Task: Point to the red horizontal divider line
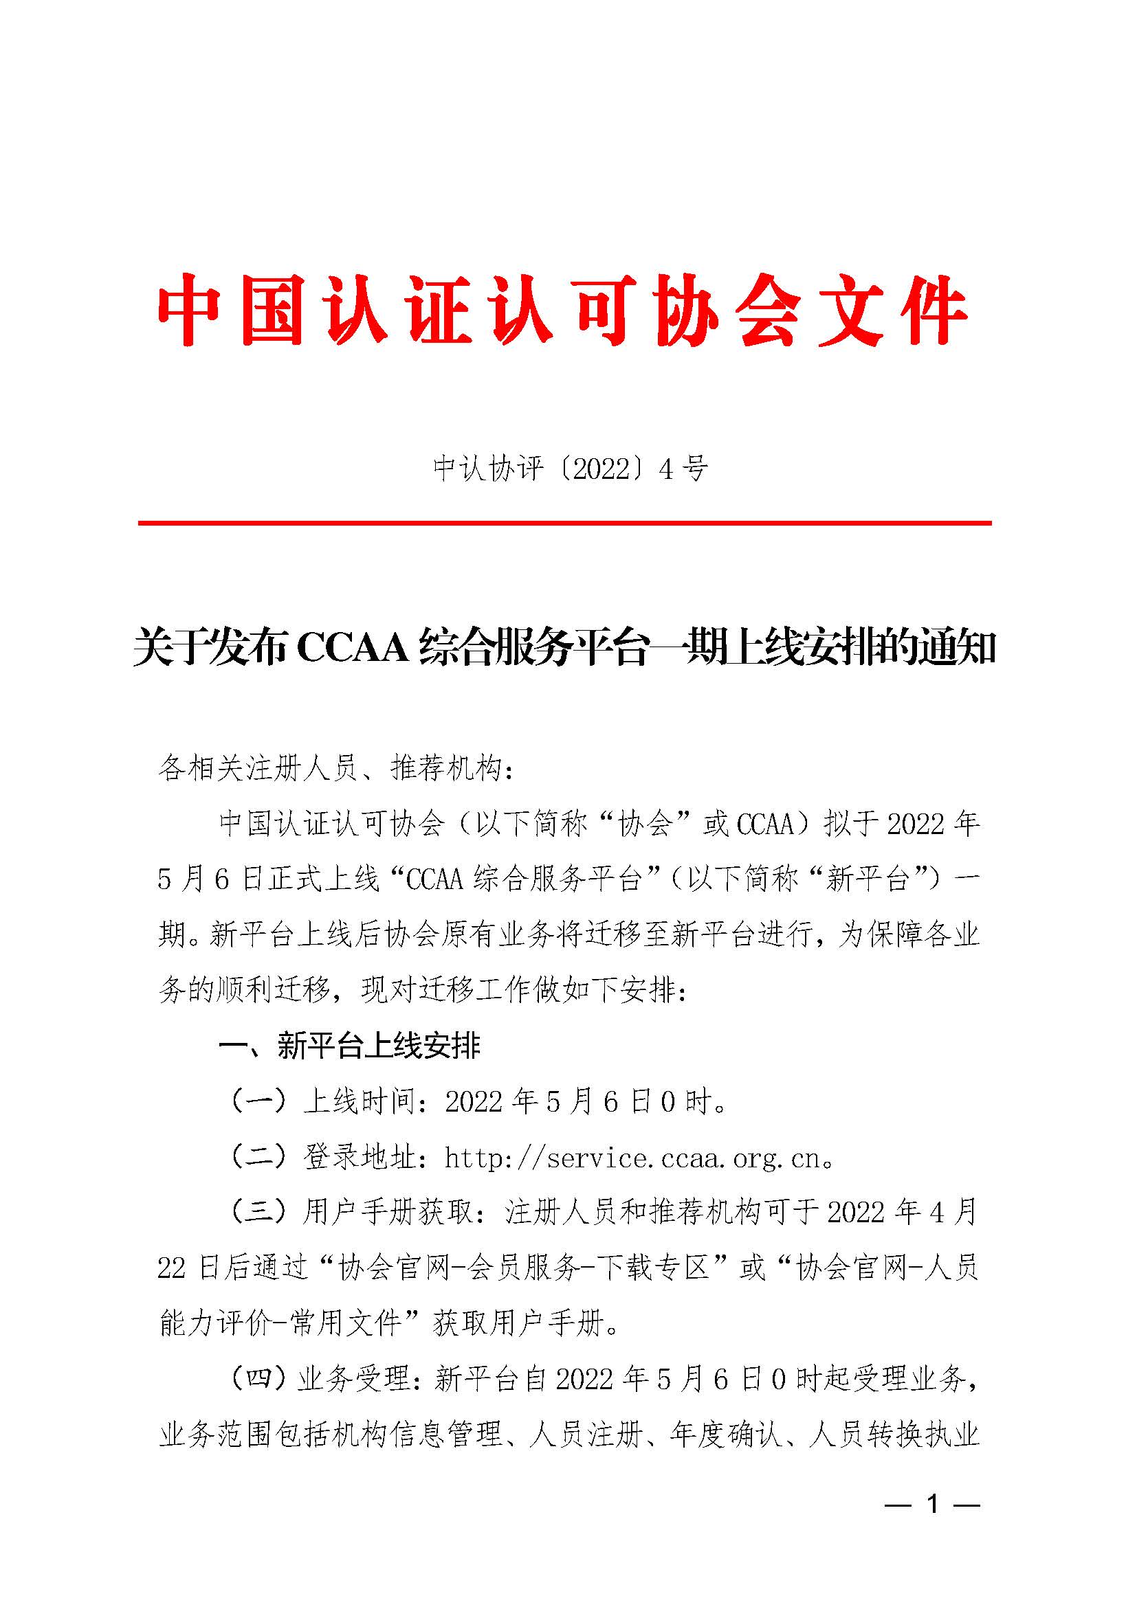tap(564, 523)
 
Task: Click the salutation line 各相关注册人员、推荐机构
tap(336, 768)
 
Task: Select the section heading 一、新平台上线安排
tap(349, 1046)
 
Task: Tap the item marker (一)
tap(258, 1101)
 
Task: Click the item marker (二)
tap(258, 1157)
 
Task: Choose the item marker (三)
tap(258, 1212)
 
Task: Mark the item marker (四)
tap(258, 1378)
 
